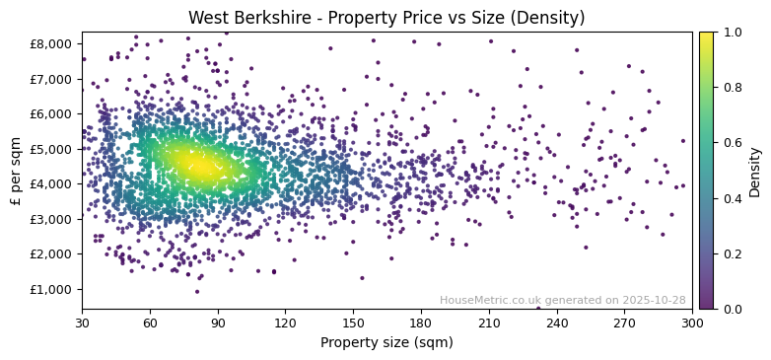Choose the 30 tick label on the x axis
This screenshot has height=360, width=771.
(82, 323)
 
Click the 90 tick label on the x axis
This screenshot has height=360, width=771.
(218, 323)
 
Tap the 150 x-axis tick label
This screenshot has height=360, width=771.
(353, 323)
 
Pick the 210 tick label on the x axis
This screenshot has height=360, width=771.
(489, 323)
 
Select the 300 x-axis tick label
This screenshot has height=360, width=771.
(692, 323)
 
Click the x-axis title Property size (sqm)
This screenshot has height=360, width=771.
(386, 343)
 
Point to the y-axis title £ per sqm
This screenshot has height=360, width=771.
(17, 171)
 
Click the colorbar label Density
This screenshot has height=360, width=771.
(754, 171)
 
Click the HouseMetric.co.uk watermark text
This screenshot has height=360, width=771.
(562, 300)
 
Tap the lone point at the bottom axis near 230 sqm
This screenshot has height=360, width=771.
(538, 308)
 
